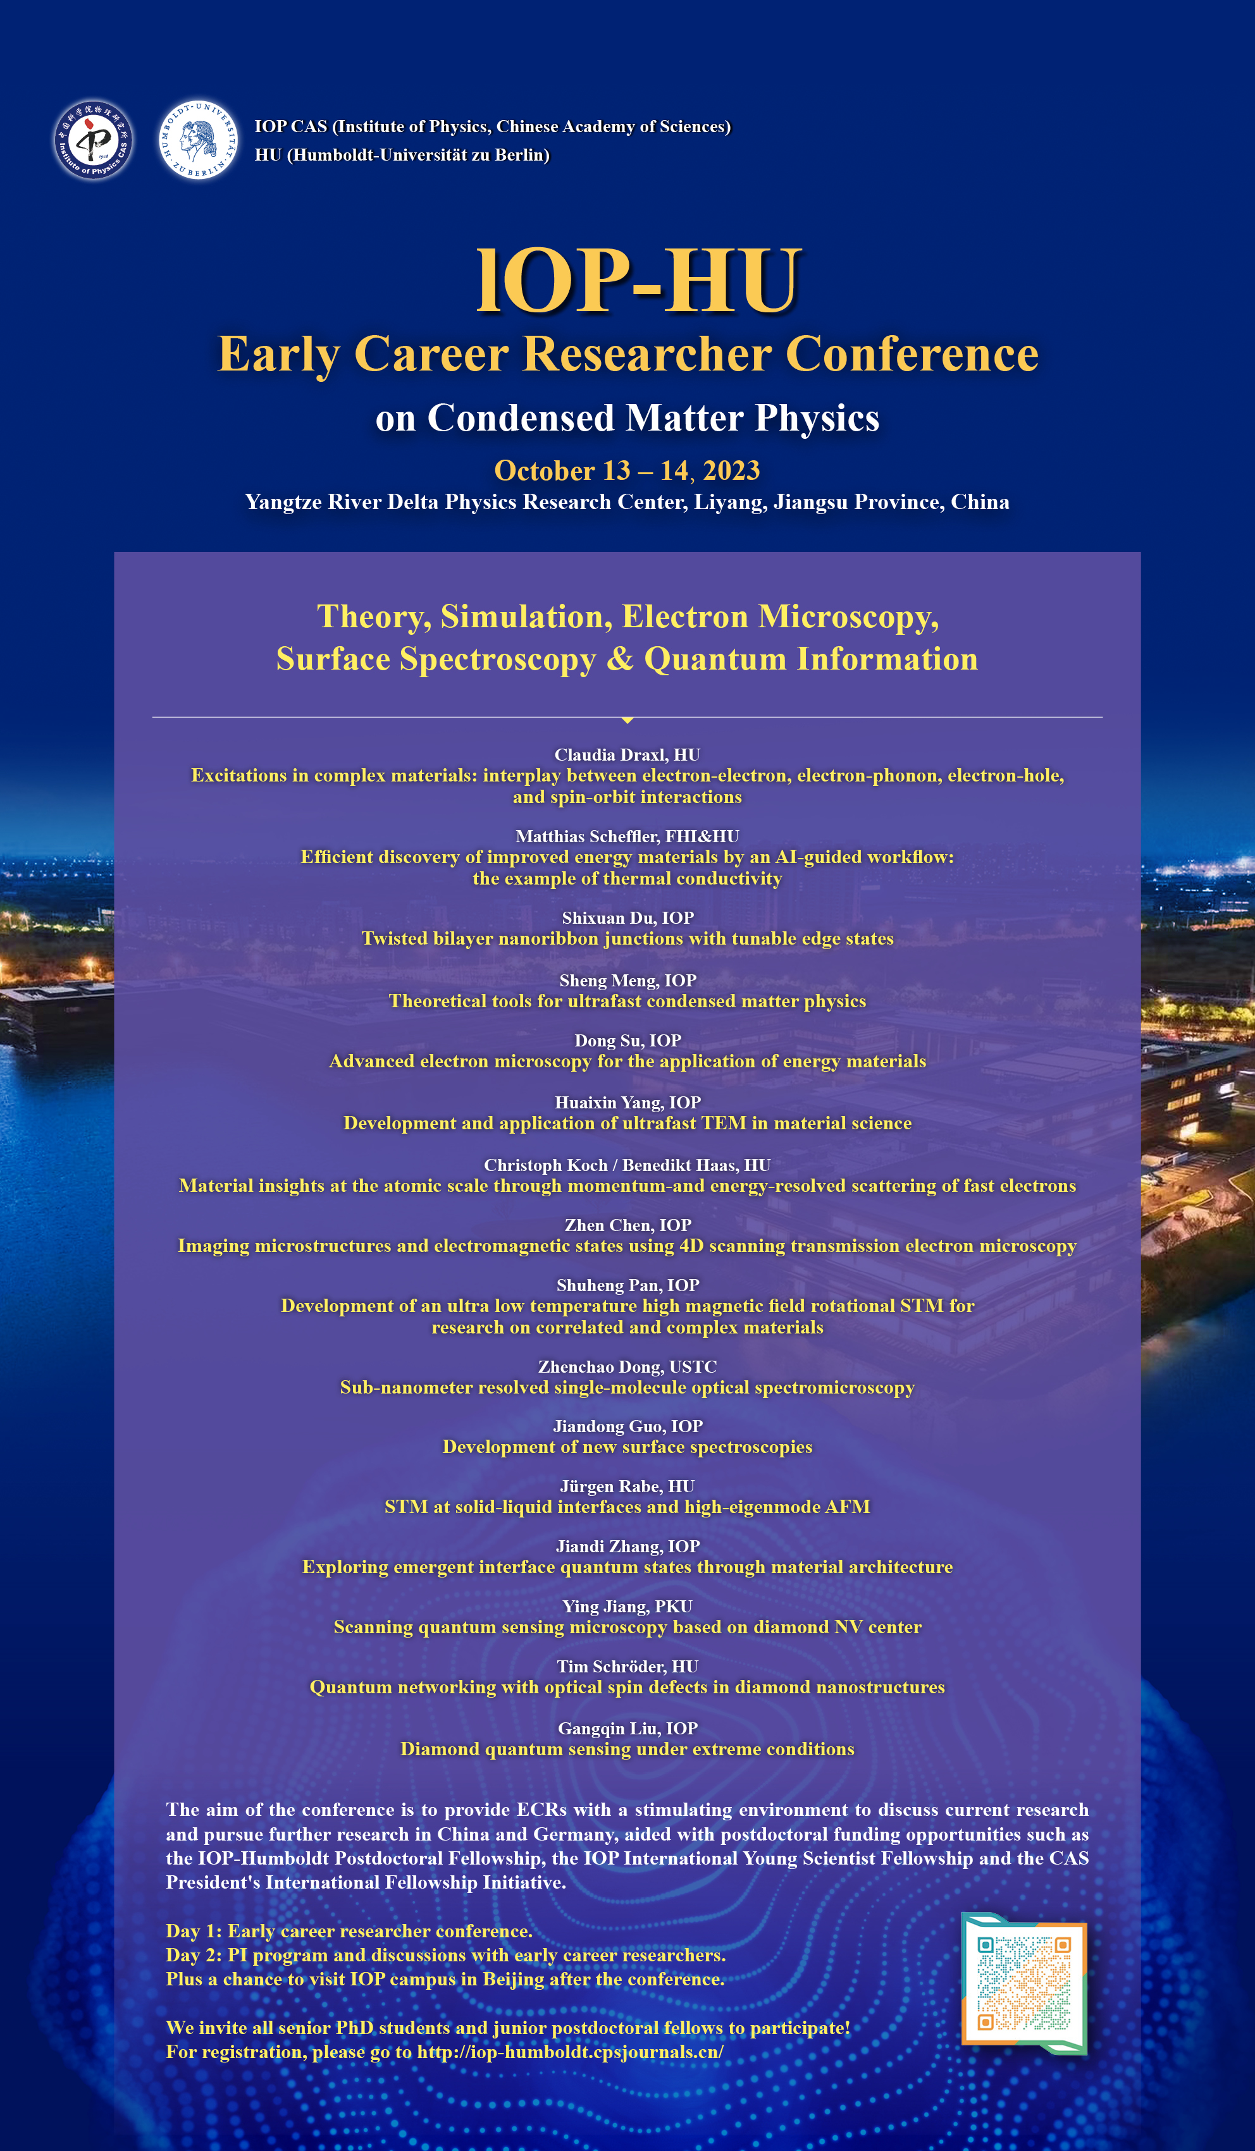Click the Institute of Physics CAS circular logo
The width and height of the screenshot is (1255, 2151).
point(93,140)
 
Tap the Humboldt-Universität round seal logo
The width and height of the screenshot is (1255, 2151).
point(198,139)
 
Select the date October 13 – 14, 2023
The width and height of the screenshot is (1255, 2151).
point(627,470)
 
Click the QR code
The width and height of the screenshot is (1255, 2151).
point(1023,1983)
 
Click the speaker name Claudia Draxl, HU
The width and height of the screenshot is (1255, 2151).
point(627,754)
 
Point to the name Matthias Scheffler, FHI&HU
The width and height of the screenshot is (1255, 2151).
point(627,837)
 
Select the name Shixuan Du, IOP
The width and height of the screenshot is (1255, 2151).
point(627,917)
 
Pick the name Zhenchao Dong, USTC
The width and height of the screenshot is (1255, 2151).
point(627,1366)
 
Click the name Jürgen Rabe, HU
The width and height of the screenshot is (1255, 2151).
point(627,1486)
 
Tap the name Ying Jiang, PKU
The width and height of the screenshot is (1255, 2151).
point(627,1607)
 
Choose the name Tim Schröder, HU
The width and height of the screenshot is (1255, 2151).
point(627,1666)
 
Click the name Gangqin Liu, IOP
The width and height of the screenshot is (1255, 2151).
point(627,1729)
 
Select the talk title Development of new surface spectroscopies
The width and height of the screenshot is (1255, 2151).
point(627,1447)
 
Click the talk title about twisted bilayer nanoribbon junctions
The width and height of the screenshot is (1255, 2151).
point(627,939)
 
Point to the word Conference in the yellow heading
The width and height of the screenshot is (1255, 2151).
point(911,353)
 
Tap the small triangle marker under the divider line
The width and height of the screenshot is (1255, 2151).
point(627,720)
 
